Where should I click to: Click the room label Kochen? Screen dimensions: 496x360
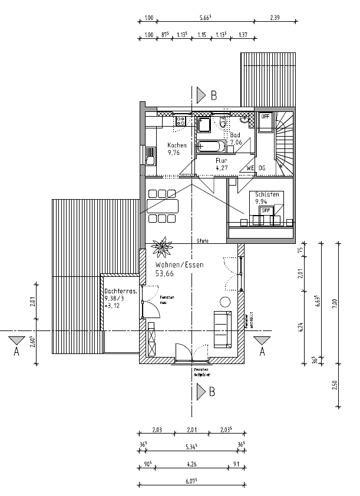177,146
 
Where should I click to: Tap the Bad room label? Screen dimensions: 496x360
235,135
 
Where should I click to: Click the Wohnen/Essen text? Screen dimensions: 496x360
179,266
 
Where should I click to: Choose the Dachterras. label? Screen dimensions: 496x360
121,292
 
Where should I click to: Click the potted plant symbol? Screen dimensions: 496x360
160,247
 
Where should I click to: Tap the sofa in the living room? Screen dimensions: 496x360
223,329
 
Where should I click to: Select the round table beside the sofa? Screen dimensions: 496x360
225,302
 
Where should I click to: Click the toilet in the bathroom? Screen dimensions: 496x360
222,123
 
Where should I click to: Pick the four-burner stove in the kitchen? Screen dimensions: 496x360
180,122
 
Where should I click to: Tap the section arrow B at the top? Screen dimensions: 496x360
203,94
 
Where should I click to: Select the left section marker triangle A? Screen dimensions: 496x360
16,341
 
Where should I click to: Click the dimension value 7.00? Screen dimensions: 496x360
335,303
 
